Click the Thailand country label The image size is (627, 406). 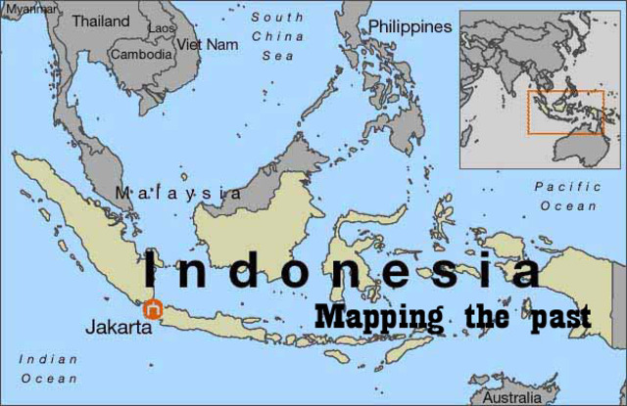coord(101,20)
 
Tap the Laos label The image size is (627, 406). coord(161,28)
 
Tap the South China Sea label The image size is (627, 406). coord(277,36)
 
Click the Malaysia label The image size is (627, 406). coord(178,193)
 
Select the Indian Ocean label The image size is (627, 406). coord(48,368)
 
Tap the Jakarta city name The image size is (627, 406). coord(119,327)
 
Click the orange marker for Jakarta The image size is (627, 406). coord(152,308)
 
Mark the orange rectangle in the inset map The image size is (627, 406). coord(566,112)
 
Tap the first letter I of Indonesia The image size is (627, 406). coord(152,270)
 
